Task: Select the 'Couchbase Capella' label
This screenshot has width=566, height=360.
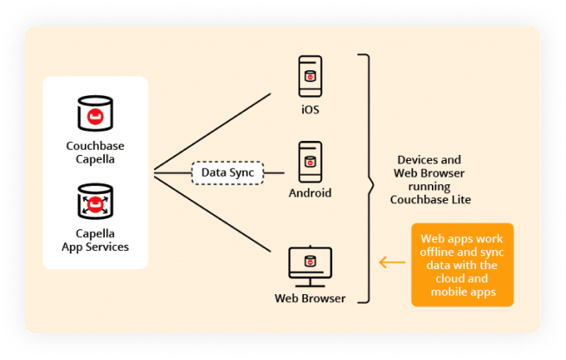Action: (x=95, y=151)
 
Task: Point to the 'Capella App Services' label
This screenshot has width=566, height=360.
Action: (x=95, y=241)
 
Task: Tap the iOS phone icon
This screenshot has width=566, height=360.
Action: (x=310, y=76)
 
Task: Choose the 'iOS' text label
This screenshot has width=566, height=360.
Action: (x=310, y=110)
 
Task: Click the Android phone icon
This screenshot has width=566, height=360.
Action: (x=310, y=161)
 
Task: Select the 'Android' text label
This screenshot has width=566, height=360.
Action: (x=310, y=193)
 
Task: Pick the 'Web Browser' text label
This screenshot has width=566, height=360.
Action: (x=310, y=299)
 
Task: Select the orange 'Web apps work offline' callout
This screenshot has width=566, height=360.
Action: (x=462, y=264)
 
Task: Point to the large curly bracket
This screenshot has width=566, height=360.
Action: (x=367, y=178)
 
